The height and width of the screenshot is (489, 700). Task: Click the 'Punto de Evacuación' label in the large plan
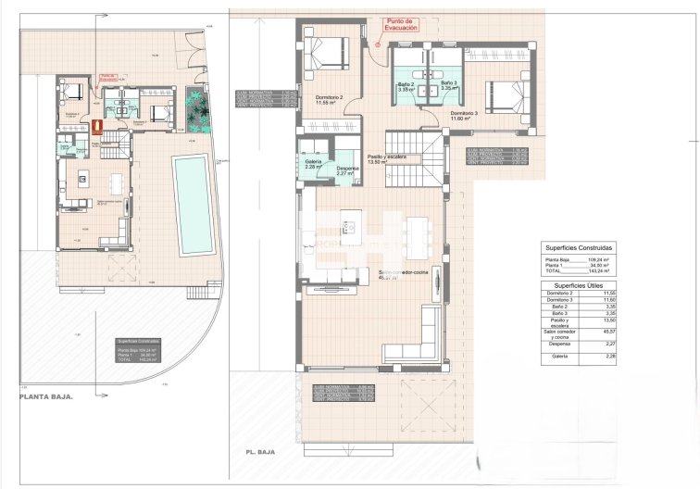pyautogui.click(x=401, y=25)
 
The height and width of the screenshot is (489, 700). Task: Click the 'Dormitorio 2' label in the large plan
pyautogui.click(x=329, y=100)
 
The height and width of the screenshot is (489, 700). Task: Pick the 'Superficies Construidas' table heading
pyautogui.click(x=579, y=248)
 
